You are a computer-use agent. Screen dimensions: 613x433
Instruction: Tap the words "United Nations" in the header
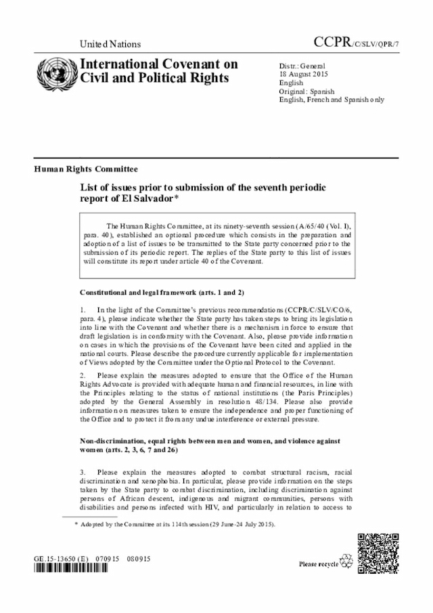tap(110, 44)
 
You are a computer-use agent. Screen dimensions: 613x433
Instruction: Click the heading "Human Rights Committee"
tap(86, 169)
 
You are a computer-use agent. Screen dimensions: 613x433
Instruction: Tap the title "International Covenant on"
tap(159, 64)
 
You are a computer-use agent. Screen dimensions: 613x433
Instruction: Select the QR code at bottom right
tap(378, 555)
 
